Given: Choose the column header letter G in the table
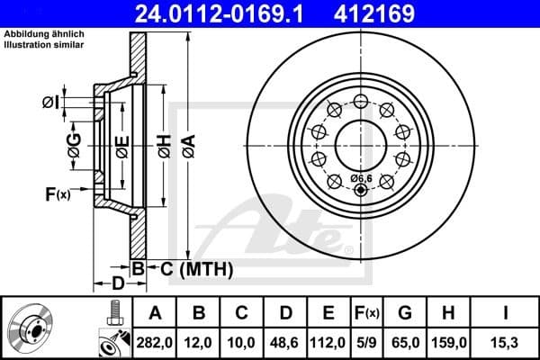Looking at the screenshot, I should [x=406, y=313].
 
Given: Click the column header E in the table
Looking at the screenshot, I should [x=328, y=313].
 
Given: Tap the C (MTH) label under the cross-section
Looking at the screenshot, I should [x=192, y=268].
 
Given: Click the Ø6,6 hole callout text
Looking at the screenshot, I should [x=362, y=177].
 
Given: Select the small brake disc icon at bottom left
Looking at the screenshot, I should [x=33, y=328].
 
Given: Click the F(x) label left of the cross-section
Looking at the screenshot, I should [x=57, y=193].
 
